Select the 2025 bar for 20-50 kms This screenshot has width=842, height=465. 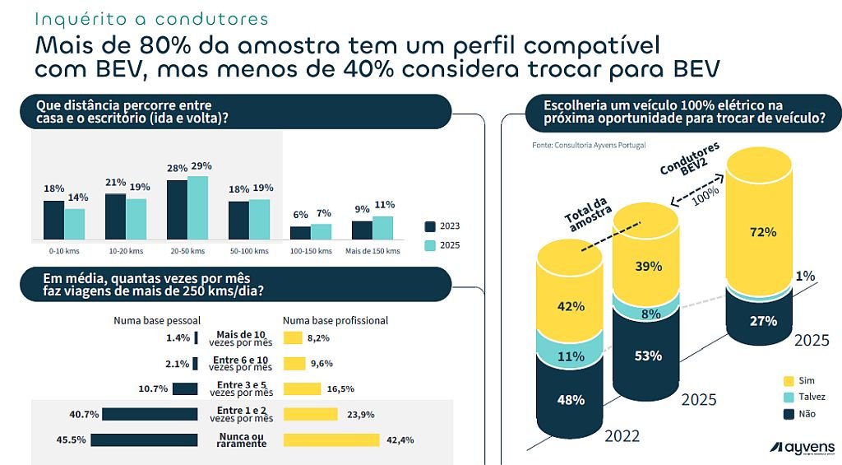click(197, 207)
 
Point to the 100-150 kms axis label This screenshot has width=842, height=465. click(312, 250)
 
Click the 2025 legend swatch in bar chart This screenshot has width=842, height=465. click(431, 245)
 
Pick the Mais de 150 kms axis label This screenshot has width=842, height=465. click(372, 250)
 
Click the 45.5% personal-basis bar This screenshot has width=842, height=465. click(144, 440)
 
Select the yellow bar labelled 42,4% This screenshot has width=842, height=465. click(331, 440)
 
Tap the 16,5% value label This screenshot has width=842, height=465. click(342, 389)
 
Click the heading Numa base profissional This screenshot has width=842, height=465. click(335, 320)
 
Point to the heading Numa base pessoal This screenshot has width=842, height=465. click(157, 320)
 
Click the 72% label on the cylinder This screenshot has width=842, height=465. click(763, 232)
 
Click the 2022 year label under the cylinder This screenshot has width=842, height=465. click(622, 435)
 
